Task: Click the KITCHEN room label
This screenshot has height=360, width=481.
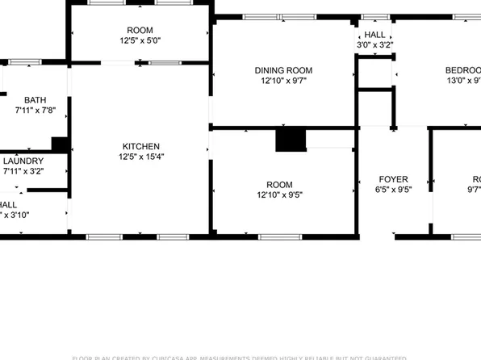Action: tap(140, 146)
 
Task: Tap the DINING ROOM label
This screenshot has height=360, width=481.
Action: tap(282, 69)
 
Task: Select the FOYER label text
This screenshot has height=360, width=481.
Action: tap(394, 179)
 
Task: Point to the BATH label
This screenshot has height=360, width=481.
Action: tap(35, 99)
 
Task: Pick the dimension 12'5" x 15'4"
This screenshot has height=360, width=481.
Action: tap(140, 157)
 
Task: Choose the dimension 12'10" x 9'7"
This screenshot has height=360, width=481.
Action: tap(282, 81)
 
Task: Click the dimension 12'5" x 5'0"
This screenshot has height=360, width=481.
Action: tap(140, 41)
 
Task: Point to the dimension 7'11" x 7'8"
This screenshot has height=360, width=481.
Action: tap(35, 111)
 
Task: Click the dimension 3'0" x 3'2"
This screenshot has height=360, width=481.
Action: tap(374, 46)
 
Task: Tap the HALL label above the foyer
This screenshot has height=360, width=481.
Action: tap(374, 35)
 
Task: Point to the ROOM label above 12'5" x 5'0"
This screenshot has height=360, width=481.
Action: tap(140, 30)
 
